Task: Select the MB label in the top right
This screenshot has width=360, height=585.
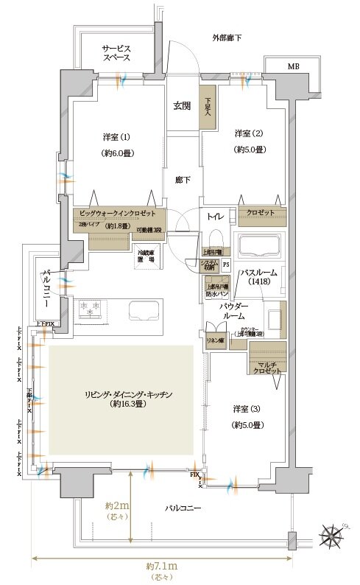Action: [293, 67]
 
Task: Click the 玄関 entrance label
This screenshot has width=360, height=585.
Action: [182, 106]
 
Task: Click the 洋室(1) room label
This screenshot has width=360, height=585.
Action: [116, 136]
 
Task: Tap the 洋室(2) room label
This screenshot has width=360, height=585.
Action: [249, 133]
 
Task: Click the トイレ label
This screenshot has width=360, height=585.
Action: [216, 216]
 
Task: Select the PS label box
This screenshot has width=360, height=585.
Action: [226, 264]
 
